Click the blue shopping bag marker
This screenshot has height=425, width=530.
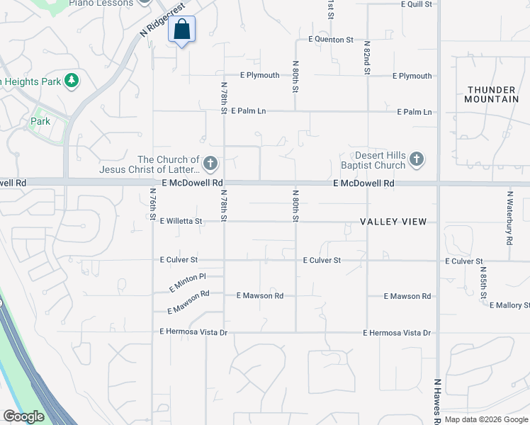(181, 30)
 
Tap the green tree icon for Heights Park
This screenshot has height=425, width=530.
(71, 81)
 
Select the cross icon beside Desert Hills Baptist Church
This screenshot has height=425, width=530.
(417, 159)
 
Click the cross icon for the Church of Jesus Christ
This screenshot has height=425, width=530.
(210, 164)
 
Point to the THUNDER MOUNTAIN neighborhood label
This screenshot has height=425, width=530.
(492, 94)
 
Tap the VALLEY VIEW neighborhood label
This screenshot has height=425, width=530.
(393, 222)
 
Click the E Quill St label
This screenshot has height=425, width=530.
(416, 4)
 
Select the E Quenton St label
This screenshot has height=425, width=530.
(330, 40)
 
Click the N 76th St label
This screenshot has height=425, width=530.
(153, 204)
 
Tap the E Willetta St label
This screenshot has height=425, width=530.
(181, 221)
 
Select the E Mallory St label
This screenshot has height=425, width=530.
(509, 305)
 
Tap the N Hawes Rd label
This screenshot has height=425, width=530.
(438, 401)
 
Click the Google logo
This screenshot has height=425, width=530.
(23, 416)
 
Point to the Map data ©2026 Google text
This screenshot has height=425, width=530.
(486, 419)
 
